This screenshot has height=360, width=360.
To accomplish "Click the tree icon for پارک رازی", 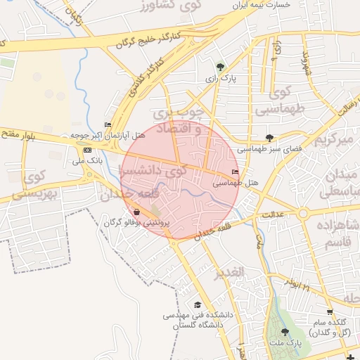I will [221, 67].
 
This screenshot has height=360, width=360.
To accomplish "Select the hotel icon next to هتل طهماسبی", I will [235, 172].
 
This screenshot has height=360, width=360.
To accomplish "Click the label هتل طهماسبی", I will [236, 183].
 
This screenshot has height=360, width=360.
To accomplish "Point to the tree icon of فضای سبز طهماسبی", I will [270, 138].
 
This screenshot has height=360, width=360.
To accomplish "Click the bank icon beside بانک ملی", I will [86, 150].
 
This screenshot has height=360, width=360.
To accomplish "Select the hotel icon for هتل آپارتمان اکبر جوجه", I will [107, 125].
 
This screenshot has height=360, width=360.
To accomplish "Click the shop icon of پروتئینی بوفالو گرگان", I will [136, 212].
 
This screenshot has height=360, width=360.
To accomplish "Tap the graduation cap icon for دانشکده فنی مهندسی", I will [198, 304].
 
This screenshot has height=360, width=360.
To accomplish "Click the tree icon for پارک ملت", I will [284, 332].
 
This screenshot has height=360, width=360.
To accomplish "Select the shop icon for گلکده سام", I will [329, 311].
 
